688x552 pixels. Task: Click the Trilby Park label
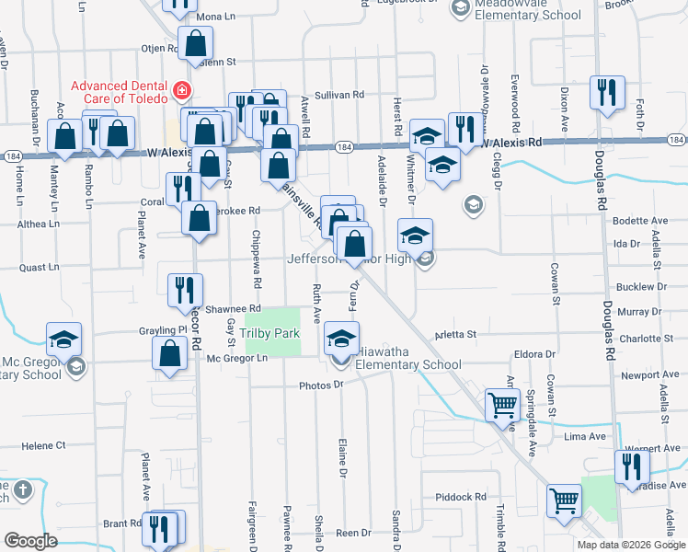(x=271, y=333)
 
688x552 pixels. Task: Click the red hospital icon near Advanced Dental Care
(x=182, y=91)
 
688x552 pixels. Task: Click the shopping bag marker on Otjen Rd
(x=196, y=42)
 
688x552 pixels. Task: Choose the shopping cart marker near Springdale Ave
(x=502, y=404)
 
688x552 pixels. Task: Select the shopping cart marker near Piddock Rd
(x=564, y=501)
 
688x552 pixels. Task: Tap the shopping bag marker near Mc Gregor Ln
(x=169, y=354)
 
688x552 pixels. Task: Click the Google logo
(x=30, y=541)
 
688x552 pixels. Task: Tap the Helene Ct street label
(x=44, y=445)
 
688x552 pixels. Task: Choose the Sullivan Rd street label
(x=340, y=95)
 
